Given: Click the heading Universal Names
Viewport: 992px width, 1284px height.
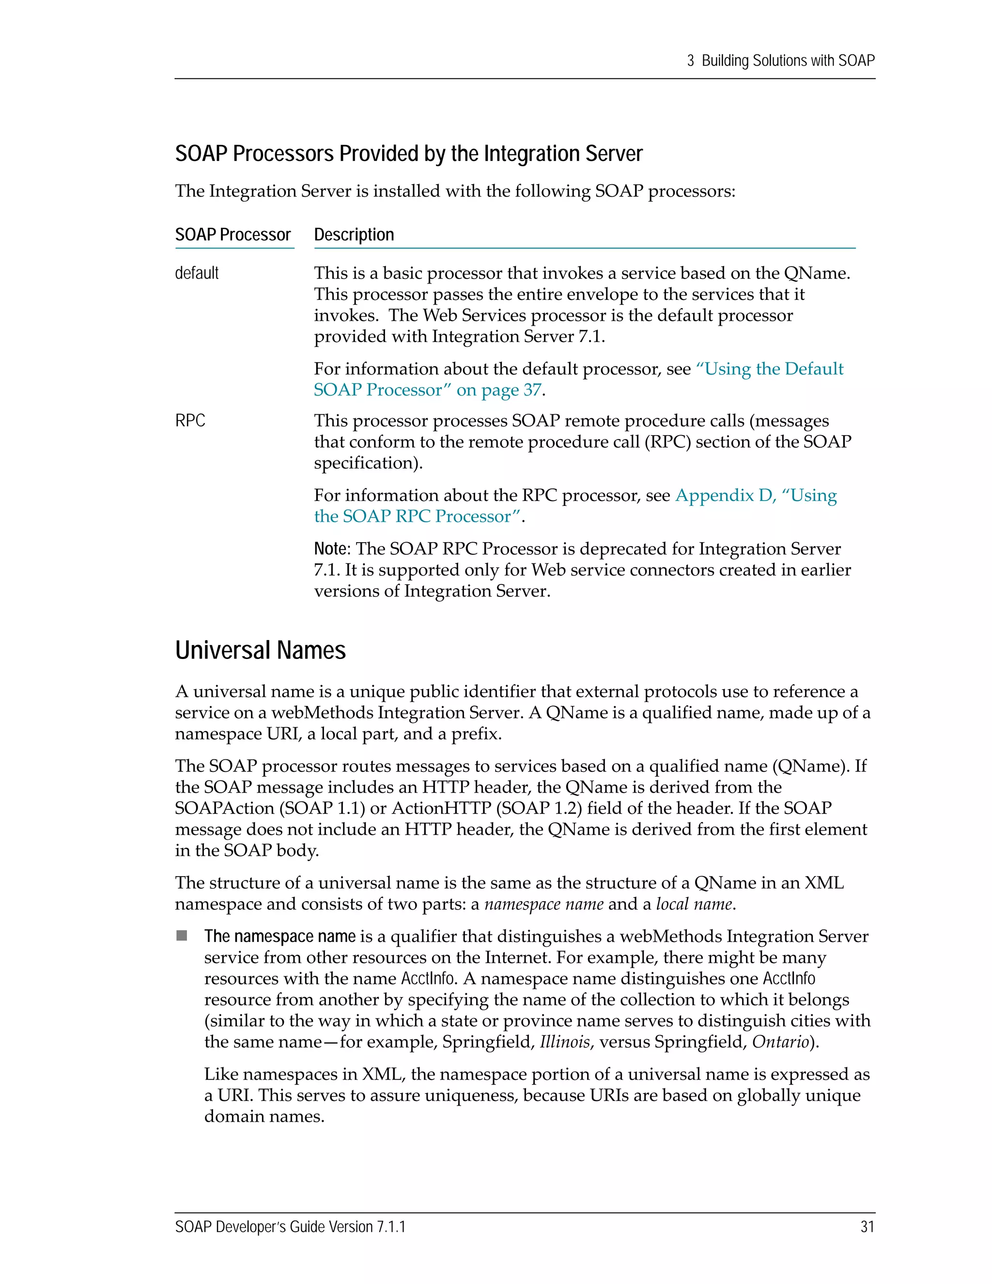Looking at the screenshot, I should tap(260, 651).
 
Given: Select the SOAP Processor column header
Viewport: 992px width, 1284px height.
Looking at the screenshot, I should tap(232, 235).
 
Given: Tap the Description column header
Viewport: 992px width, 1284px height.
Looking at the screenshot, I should tap(354, 235).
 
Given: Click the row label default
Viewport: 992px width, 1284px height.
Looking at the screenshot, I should tap(197, 273).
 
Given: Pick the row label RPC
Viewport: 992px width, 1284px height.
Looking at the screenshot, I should tap(190, 421).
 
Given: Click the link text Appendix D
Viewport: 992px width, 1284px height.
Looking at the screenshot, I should tap(725, 496).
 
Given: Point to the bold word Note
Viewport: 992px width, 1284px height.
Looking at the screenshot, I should tap(331, 549).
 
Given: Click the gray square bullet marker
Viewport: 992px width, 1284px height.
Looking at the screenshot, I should tap(182, 935).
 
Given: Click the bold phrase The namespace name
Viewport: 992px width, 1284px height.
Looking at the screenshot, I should tap(280, 937).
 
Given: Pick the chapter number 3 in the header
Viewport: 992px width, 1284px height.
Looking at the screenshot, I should tap(691, 61).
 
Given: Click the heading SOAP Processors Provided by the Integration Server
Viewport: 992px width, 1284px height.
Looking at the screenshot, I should tap(408, 154).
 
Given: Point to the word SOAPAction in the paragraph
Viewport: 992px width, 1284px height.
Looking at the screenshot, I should tap(224, 808).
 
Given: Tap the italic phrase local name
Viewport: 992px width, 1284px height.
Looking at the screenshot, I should tap(694, 904).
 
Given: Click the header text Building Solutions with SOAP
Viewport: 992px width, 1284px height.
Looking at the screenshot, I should tap(788, 61).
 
